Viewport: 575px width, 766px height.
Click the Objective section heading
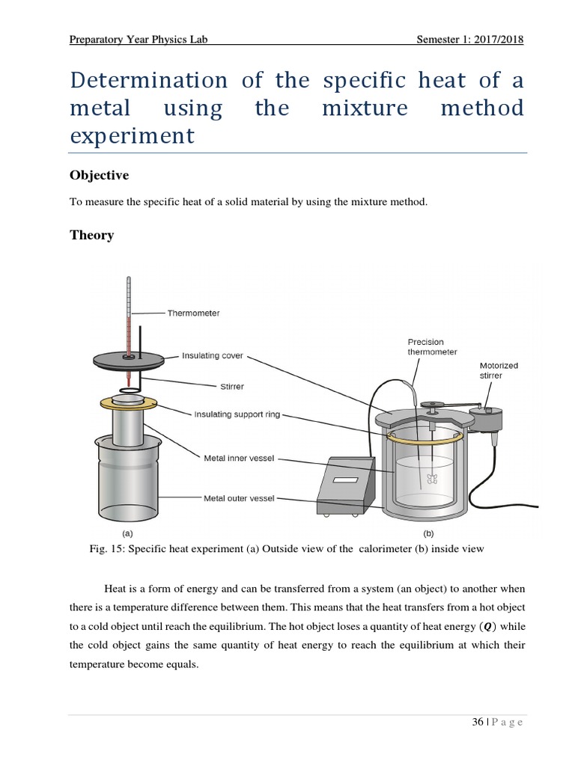coord(99,175)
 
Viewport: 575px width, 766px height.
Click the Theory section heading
coord(91,235)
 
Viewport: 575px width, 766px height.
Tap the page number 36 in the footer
coord(477,722)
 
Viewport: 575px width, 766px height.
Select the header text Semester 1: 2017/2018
coord(469,40)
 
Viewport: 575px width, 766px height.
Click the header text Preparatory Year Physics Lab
coord(138,40)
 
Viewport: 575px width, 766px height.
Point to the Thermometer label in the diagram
coord(193,313)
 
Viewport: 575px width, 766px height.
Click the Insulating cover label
coord(213,356)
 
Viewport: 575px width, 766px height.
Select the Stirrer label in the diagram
coord(228,387)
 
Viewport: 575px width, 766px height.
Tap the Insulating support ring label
coord(237,414)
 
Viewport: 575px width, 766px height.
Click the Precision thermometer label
coord(431,347)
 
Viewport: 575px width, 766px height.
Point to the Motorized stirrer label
coord(498,370)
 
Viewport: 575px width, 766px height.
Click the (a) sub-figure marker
coord(127,533)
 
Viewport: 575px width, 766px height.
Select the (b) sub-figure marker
coord(428,533)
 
